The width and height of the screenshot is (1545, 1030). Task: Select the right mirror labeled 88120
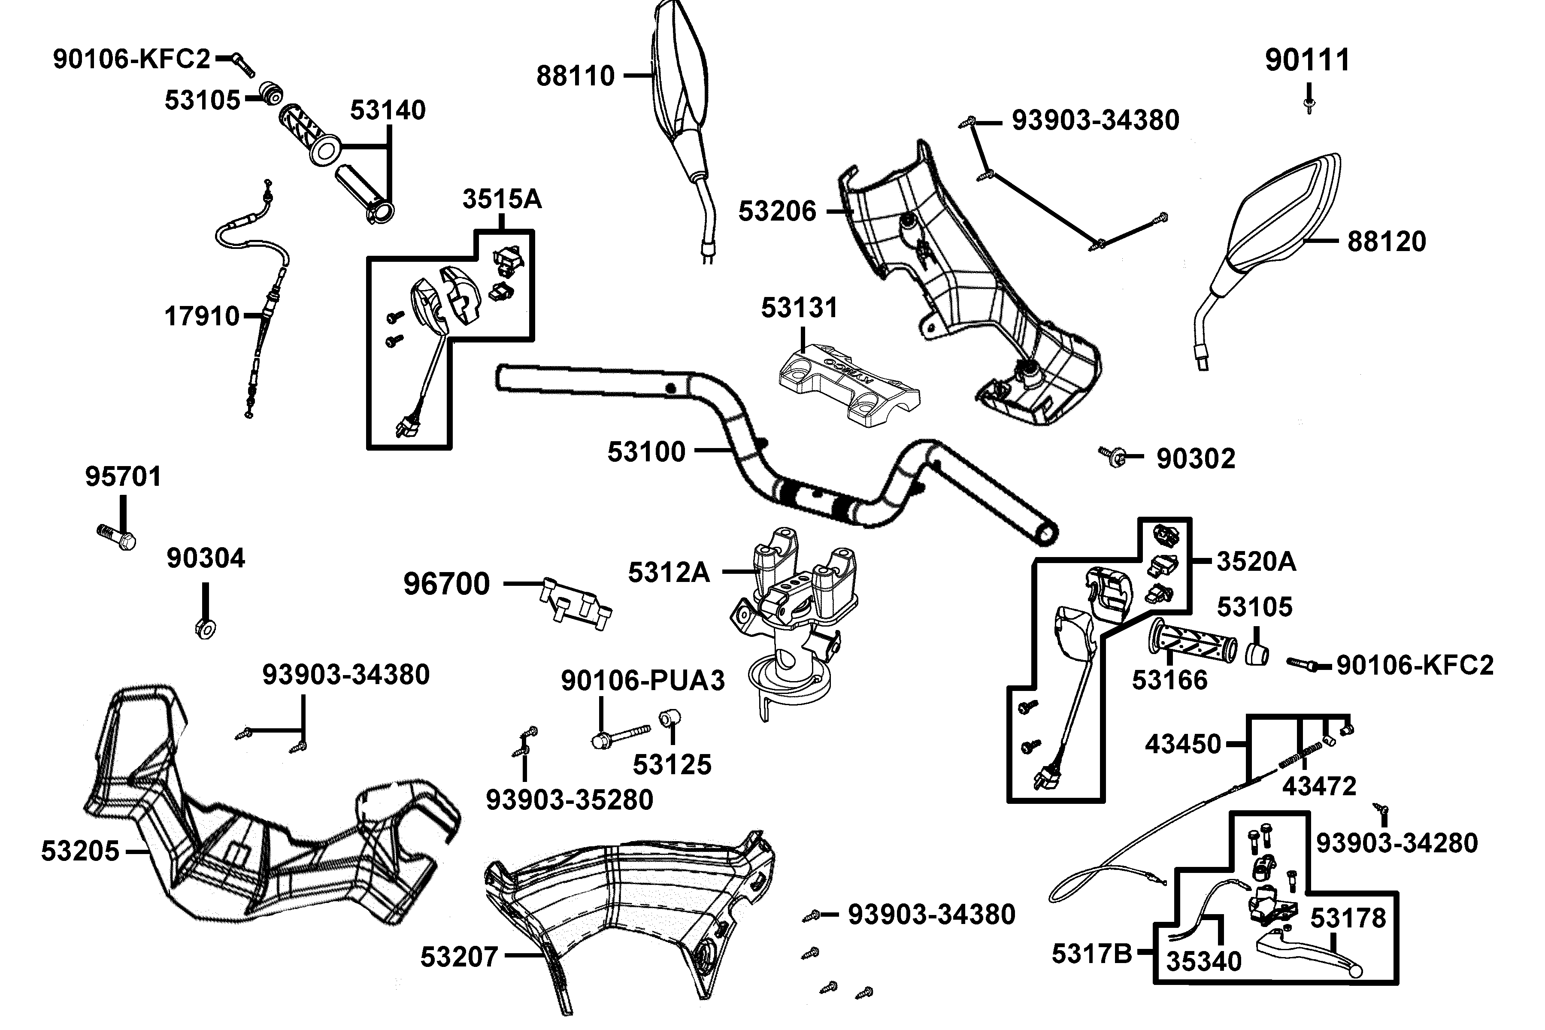tap(1274, 223)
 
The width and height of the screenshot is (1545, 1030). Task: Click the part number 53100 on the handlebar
tap(646, 452)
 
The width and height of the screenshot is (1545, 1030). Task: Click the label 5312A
tap(669, 573)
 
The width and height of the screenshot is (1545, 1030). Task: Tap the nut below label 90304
tap(206, 628)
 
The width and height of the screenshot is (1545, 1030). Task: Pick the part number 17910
tap(202, 317)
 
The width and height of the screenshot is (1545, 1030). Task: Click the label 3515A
tap(502, 199)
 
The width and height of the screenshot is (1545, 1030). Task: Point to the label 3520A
tap(1256, 562)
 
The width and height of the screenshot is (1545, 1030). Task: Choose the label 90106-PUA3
tap(642, 681)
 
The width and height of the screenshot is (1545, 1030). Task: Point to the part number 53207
tap(459, 957)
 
